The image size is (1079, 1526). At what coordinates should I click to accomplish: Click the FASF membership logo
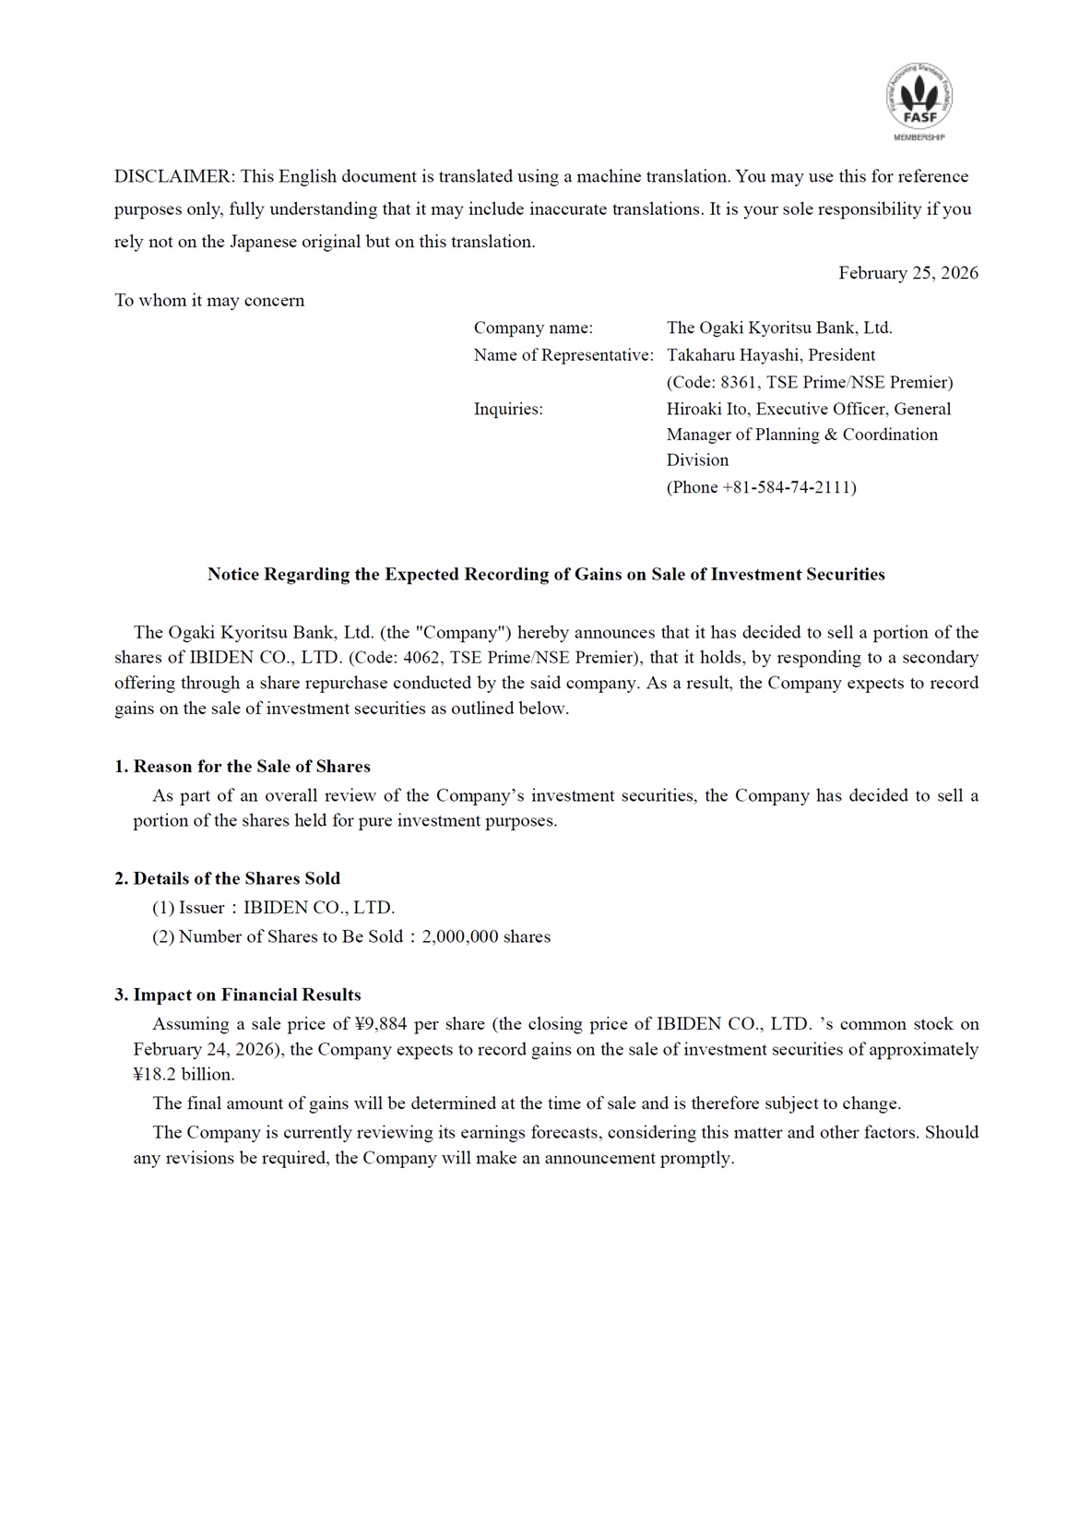click(919, 101)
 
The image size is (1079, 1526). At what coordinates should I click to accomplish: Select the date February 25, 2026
click(907, 273)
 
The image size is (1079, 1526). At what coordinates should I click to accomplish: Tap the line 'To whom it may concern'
click(209, 301)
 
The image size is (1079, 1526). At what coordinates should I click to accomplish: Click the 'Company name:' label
click(533, 328)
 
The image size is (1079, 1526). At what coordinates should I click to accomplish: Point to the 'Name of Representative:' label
click(563, 355)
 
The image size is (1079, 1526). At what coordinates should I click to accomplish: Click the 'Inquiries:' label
click(508, 409)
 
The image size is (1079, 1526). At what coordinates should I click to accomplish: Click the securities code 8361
click(738, 382)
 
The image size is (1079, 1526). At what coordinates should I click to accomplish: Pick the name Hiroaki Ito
click(706, 409)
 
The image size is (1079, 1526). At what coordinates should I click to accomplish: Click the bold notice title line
click(546, 575)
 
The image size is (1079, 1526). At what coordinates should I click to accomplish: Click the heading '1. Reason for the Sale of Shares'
click(243, 767)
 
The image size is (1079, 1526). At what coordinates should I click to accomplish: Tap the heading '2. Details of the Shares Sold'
click(228, 878)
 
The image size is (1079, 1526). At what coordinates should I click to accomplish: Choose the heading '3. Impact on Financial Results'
click(238, 995)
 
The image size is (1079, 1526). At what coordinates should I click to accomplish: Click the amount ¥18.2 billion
click(184, 1075)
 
